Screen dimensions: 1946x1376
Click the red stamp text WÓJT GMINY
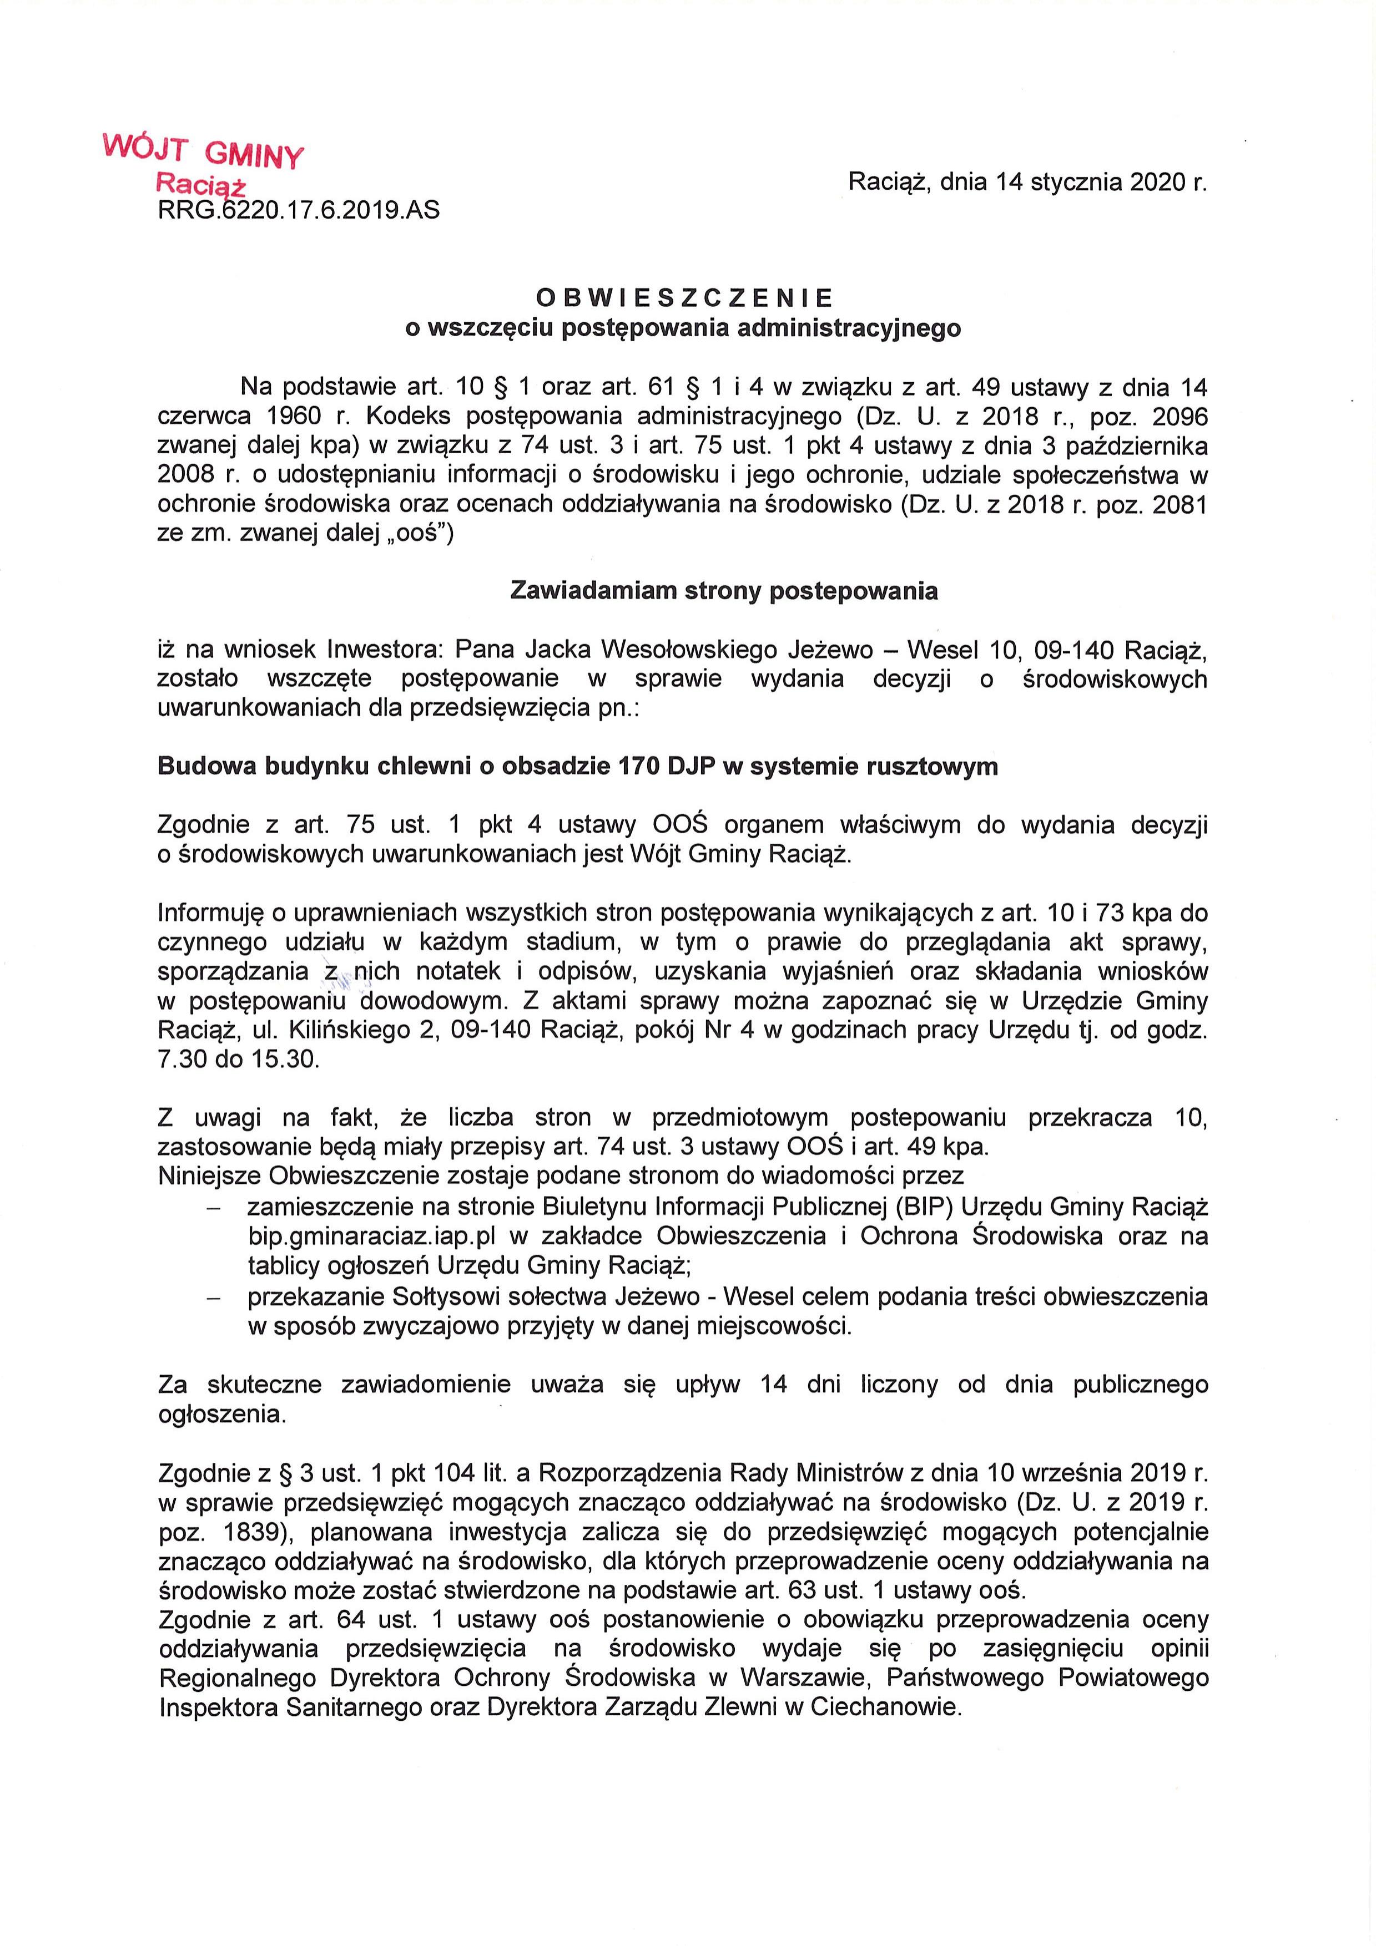(202, 151)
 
